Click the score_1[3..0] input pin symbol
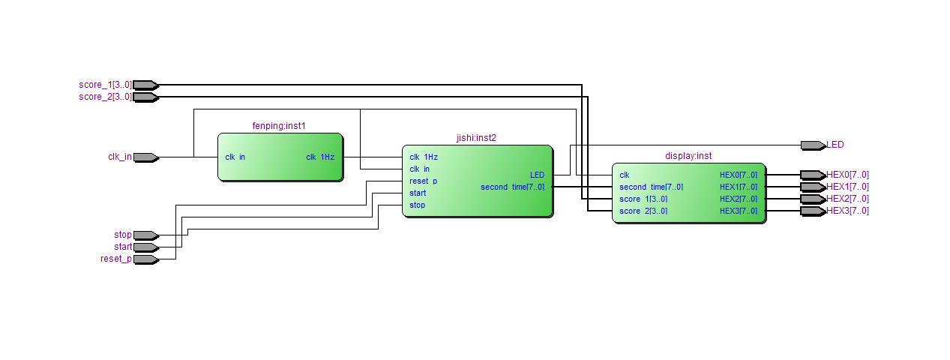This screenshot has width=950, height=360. coord(145,85)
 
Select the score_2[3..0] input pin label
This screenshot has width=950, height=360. coord(105,97)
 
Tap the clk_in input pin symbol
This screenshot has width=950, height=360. coord(145,157)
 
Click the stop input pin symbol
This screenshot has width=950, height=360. coord(145,235)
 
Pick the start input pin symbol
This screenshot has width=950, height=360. coord(145,247)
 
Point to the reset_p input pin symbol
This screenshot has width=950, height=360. coord(145,259)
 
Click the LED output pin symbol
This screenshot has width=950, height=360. coord(813,145)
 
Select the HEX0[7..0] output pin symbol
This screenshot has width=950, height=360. coord(813,175)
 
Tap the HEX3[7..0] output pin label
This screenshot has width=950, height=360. coord(847,211)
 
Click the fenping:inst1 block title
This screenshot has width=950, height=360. coord(279,126)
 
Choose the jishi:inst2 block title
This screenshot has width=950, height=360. coord(476,138)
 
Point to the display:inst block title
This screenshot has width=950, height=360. coord(688,156)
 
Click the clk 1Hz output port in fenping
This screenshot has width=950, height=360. coord(320,157)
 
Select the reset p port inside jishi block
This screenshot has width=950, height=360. coord(423,181)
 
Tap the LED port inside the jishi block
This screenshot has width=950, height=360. coord(537,175)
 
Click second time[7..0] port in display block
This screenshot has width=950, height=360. coord(651,187)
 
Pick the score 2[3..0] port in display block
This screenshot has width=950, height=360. coord(643,211)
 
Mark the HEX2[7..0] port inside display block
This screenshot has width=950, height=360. coord(739,199)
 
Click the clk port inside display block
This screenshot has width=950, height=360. coord(624,175)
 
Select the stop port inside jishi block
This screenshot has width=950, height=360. coord(417,205)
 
